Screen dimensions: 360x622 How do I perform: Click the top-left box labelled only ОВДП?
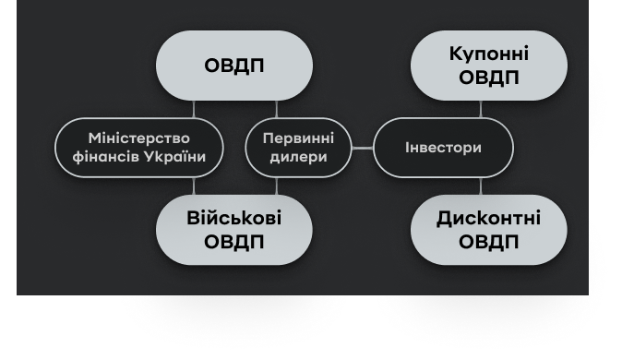tap(234, 66)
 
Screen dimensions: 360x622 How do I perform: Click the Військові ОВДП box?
tap(234, 230)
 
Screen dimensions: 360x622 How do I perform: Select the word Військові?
tap(234, 219)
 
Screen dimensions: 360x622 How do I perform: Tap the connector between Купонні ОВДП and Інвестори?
tap(481, 109)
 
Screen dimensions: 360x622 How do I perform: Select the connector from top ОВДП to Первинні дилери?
tap(277, 109)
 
